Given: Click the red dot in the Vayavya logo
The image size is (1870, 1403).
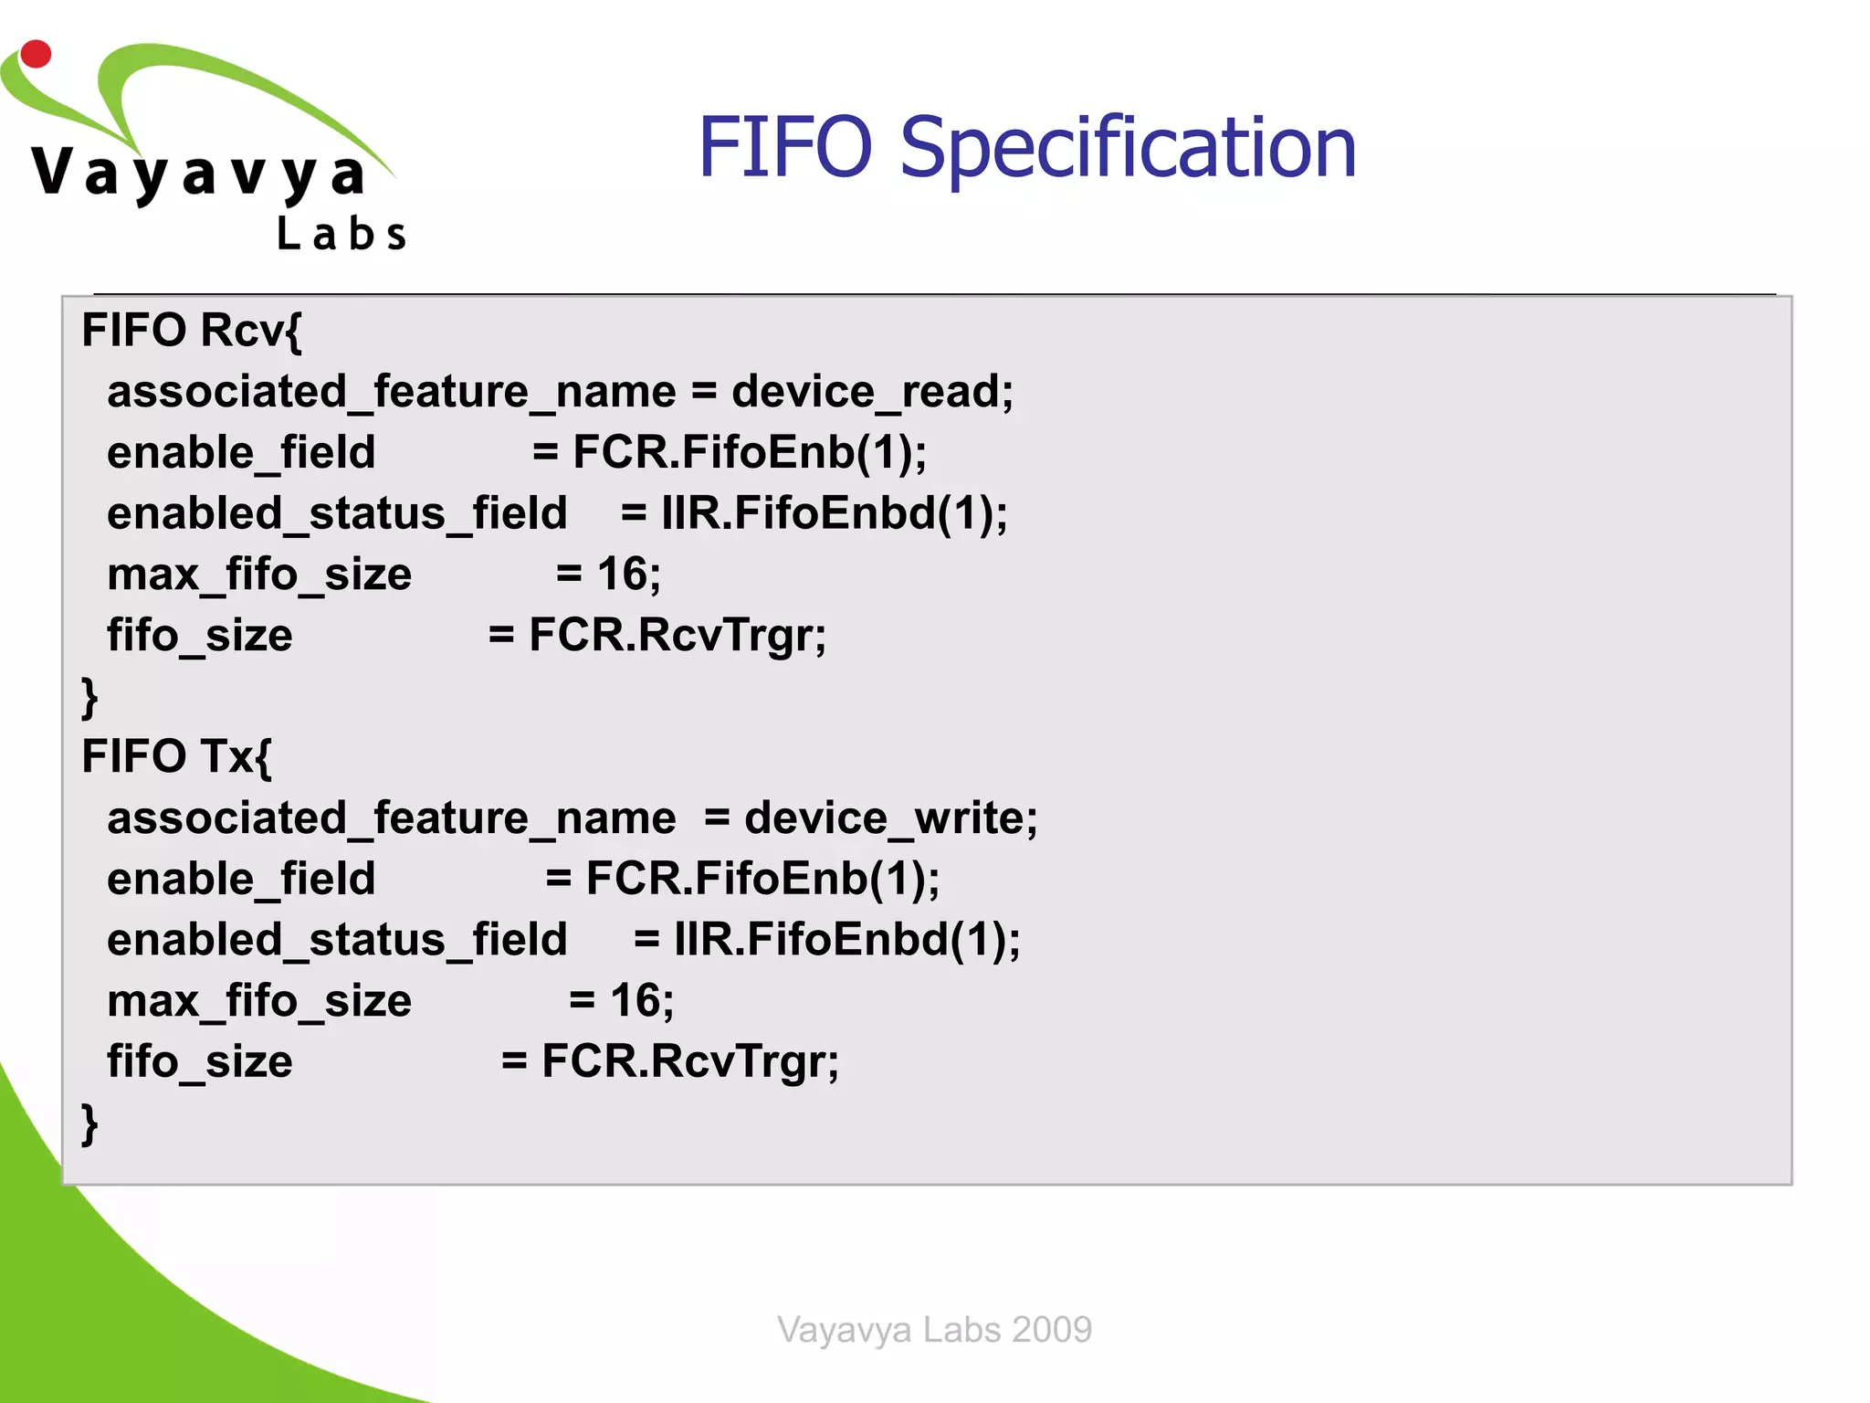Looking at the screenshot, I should coord(36,54).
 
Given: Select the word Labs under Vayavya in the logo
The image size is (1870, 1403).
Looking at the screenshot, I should coord(341,235).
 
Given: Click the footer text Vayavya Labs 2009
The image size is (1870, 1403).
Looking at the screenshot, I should coord(934,1329).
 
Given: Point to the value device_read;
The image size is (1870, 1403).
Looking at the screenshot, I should coord(872,392).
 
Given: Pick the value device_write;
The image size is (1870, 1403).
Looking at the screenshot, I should coord(890,818).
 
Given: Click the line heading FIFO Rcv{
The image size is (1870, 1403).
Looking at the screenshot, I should coord(191,331).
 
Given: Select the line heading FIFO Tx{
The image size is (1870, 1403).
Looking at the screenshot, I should coord(176,757).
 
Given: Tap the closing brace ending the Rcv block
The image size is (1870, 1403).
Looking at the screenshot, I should coord(89,697).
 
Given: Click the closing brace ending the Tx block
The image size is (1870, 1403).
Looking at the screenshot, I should coord(89,1123).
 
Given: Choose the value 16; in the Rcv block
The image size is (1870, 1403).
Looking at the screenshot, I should coord(629,575).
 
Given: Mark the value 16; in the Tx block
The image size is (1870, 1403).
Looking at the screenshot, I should coord(642,1001).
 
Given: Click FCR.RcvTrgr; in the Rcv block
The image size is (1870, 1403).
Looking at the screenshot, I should coord(678,636).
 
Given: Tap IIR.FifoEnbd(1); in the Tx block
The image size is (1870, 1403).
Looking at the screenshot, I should coord(846,940).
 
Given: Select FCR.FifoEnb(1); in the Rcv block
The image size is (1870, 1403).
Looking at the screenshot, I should coord(749,453).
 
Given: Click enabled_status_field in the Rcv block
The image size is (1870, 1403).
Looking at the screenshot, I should coord(337,513).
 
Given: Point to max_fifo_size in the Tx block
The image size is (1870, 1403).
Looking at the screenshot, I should coord(259,1001).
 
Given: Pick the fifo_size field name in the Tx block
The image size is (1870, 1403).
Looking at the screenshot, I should coord(200,1061).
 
